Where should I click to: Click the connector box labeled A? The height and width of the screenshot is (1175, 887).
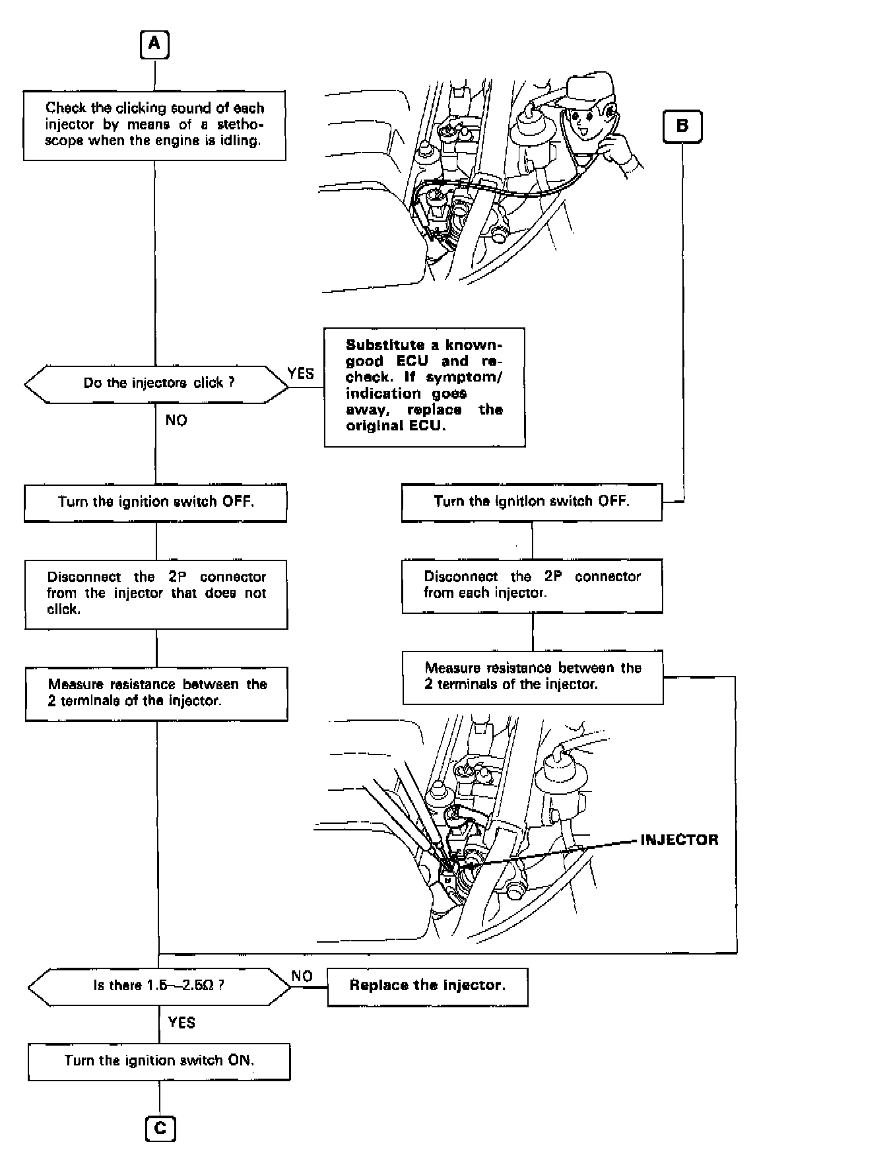pyautogui.click(x=154, y=45)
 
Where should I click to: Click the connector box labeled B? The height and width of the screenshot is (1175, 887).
pyautogui.click(x=682, y=126)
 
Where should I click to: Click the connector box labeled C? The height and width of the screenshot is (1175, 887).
pyautogui.click(x=160, y=1128)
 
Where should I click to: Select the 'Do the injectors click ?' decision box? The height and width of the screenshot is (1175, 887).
pyautogui.click(x=157, y=384)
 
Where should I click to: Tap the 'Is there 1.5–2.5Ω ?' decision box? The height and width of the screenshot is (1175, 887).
pyautogui.click(x=158, y=986)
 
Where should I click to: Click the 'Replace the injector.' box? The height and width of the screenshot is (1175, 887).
pyautogui.click(x=428, y=986)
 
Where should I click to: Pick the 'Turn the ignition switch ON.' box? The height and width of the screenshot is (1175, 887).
pyautogui.click(x=159, y=1061)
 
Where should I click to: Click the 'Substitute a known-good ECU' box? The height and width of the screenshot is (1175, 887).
pyautogui.click(x=424, y=386)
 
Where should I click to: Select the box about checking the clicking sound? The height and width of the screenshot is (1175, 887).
pyautogui.click(x=154, y=125)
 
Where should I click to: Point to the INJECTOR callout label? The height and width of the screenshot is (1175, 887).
pyautogui.click(x=679, y=840)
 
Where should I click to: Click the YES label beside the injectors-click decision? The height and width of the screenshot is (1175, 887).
pyautogui.click(x=301, y=374)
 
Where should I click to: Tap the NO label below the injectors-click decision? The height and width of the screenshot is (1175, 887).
pyautogui.click(x=176, y=420)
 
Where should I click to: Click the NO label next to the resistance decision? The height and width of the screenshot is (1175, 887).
pyautogui.click(x=302, y=976)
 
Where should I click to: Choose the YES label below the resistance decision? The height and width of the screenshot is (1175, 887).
pyautogui.click(x=181, y=1023)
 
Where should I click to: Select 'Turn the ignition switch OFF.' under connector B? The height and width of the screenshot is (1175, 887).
pyautogui.click(x=532, y=502)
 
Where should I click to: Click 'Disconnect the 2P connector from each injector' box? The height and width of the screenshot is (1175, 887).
pyautogui.click(x=532, y=586)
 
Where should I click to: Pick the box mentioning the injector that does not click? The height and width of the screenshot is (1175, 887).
pyautogui.click(x=156, y=593)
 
